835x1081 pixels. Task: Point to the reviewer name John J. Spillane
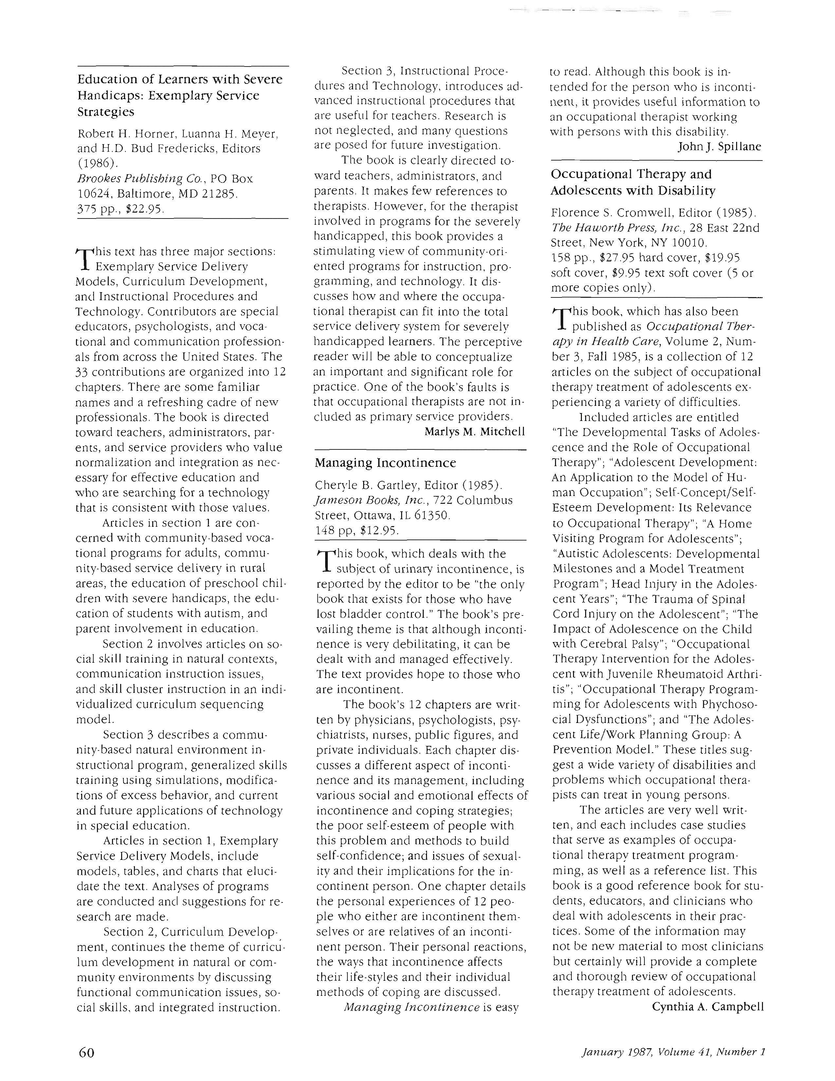719,146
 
